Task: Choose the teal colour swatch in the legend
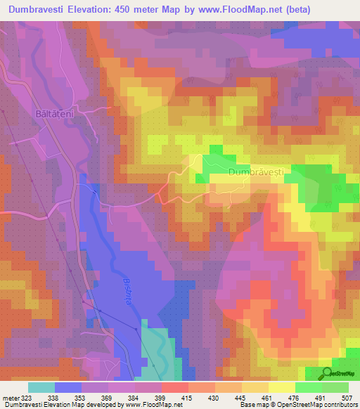click(41, 387)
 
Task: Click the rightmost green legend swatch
click(335, 387)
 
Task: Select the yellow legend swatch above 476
click(281, 387)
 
